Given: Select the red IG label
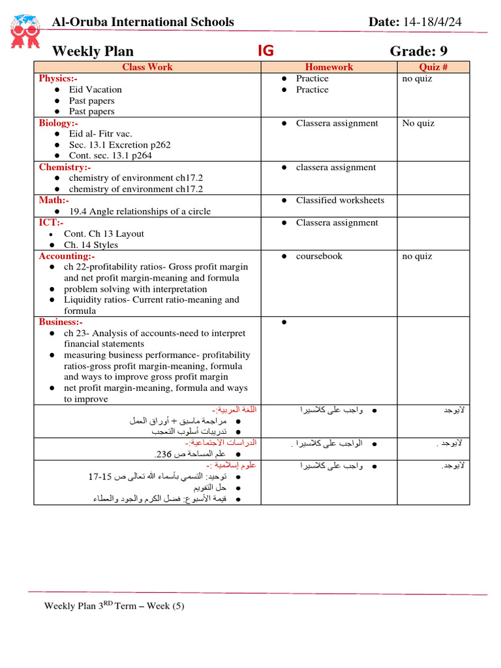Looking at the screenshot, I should point(266,52).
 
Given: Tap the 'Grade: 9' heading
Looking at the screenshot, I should point(419,52).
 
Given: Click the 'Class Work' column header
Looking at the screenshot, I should point(147,67).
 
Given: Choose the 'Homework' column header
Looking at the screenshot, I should point(329,67).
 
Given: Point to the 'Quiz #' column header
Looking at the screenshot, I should point(433,67).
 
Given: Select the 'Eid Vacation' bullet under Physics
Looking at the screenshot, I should point(95,89).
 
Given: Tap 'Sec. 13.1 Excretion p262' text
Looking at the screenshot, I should point(121,145).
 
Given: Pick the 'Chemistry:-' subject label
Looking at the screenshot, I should point(63,167).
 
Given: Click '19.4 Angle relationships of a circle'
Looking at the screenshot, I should point(137,211).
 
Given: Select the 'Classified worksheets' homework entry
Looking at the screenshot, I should point(340,200).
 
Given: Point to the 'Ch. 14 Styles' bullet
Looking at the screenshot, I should point(91,245).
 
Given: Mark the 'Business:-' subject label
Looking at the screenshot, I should point(61,322).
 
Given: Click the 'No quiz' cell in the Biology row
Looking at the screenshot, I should point(418,123).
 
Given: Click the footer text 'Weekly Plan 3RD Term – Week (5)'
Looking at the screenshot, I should point(114,605).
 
